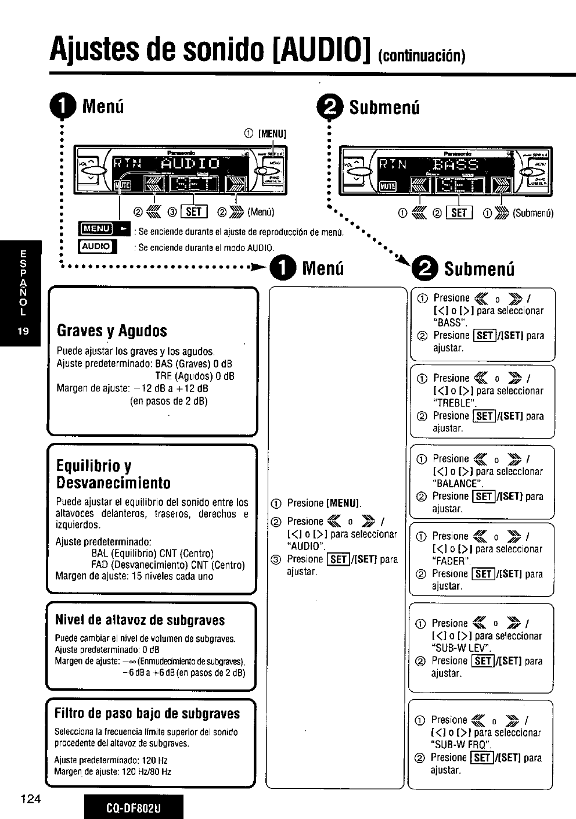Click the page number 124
pos(30,799)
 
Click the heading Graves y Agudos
pos(111,331)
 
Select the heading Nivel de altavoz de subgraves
pos(139,620)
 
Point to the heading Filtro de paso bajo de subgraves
pos(147,713)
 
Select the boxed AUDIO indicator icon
pos(96,246)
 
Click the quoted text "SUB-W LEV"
pos(462,648)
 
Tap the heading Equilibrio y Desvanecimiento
pos(113,474)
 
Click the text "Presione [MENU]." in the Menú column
pos(323,503)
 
